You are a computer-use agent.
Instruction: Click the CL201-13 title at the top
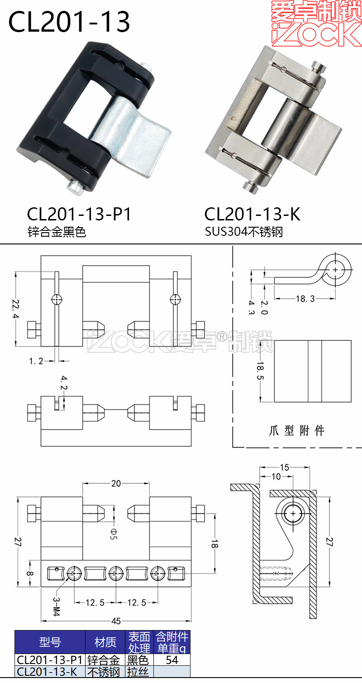coord(69,22)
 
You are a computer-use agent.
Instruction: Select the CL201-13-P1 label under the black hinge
coord(79,214)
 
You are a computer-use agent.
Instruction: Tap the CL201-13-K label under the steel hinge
coord(252,214)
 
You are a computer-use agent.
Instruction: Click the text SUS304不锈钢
coord(243,232)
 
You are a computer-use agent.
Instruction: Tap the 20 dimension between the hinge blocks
coord(116,483)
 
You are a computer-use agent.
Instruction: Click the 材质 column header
coord(105,642)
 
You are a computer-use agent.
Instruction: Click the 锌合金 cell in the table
coord(104,660)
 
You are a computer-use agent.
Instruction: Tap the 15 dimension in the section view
coord(284,467)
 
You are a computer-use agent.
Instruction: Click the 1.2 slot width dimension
coord(36,361)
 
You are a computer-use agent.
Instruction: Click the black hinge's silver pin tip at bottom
coord(72,187)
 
